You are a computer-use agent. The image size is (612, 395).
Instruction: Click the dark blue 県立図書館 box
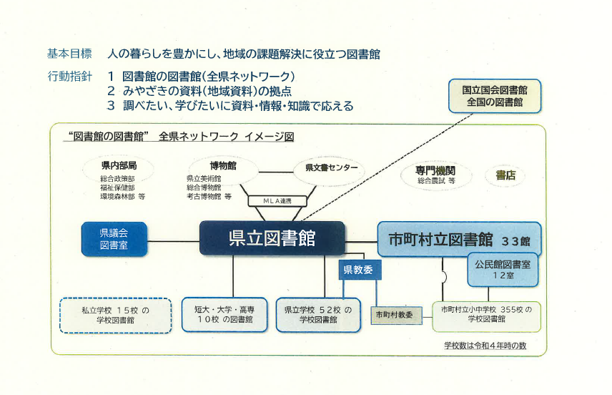272,239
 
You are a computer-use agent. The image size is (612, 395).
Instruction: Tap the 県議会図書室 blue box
114,239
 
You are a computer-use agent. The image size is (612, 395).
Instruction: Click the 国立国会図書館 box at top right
494,96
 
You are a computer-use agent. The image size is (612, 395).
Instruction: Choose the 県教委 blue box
360,270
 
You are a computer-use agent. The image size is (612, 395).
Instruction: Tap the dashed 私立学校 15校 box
116,315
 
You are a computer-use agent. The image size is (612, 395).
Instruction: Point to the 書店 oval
505,175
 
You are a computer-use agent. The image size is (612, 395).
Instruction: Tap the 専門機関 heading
435,171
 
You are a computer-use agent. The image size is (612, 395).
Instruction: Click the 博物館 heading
224,165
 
